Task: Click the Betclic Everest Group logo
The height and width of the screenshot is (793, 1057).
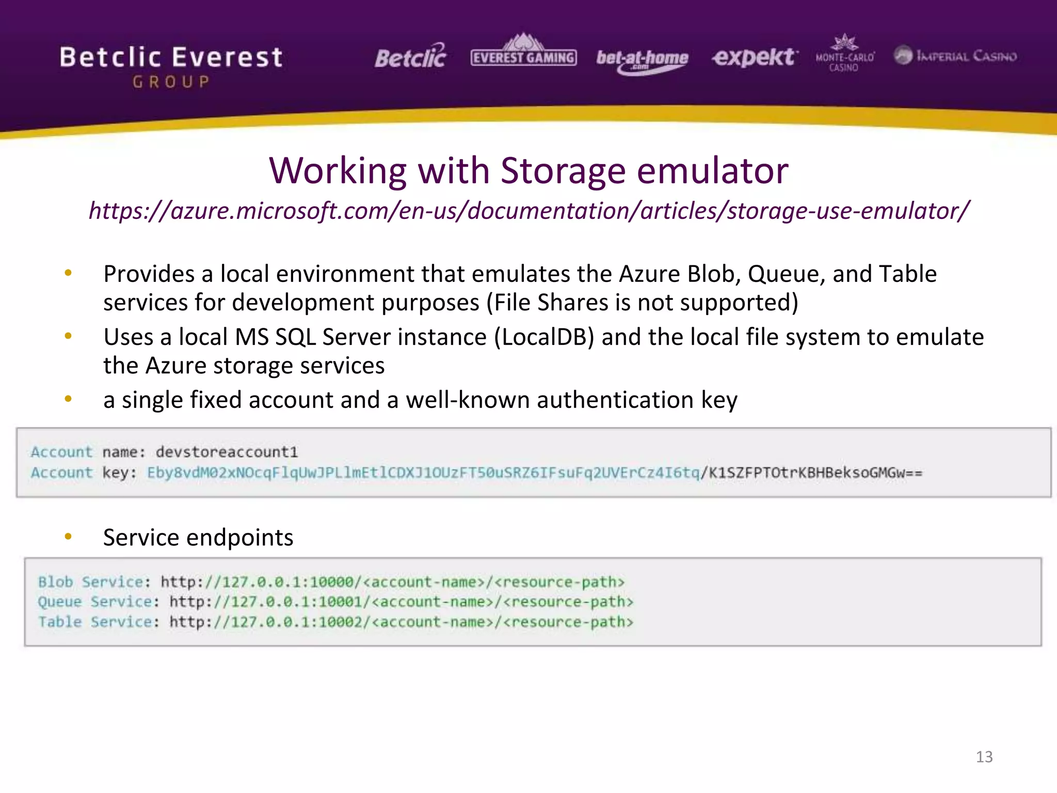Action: pos(171,66)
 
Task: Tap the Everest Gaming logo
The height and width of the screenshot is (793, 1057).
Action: pos(523,55)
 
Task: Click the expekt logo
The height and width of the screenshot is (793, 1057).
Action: pos(755,57)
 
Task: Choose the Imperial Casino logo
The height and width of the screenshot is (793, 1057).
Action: pos(955,56)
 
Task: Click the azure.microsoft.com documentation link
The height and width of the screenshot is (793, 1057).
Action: pos(528,211)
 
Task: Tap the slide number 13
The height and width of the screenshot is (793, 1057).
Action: pos(984,757)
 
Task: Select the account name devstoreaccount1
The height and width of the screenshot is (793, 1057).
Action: pos(227,452)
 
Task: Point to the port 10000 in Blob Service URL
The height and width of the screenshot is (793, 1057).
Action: pos(331,582)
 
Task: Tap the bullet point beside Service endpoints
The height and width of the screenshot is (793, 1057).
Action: pos(68,537)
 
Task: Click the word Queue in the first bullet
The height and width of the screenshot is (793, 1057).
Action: pos(783,274)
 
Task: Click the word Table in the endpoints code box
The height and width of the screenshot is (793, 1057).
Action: pos(60,622)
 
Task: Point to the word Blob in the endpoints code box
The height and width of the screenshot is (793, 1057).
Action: pos(56,582)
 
